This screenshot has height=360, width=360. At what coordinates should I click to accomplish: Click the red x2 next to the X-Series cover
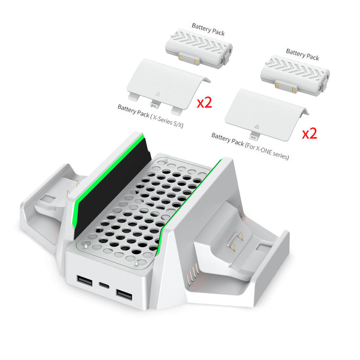coord(205,103)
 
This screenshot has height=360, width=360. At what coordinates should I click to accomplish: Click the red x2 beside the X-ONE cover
coord(310,133)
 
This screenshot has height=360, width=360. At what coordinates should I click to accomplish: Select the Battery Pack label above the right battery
coord(302,55)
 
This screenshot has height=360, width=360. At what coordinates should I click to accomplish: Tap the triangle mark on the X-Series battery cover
coord(157,95)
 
